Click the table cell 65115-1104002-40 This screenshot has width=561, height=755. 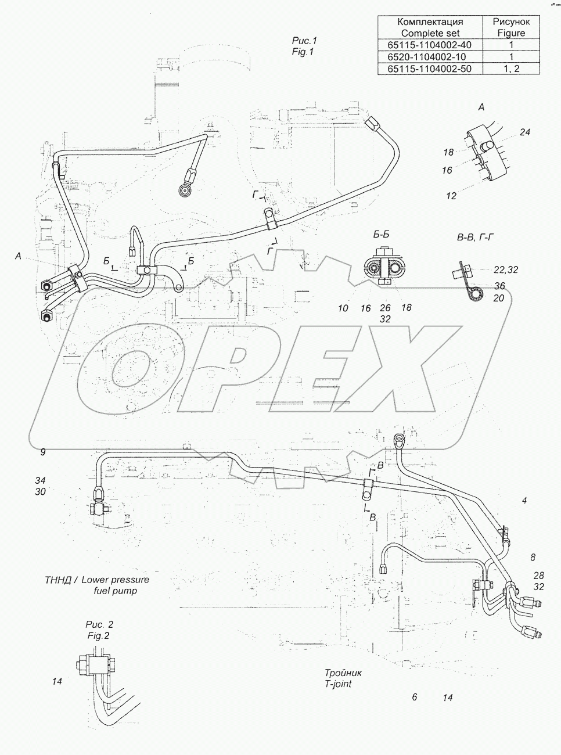(x=430, y=45)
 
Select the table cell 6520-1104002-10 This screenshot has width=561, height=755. (x=430, y=56)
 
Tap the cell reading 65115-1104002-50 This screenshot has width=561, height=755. (x=430, y=69)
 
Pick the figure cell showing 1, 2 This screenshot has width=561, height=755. (x=511, y=69)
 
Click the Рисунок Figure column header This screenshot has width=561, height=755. (x=511, y=27)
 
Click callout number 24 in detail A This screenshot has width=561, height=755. (x=524, y=132)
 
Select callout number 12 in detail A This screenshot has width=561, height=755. (x=451, y=196)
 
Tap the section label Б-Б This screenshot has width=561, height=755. (x=381, y=235)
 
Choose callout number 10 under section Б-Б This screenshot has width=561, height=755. (x=343, y=308)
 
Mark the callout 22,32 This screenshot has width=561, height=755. (x=505, y=269)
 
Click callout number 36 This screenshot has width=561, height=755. (x=499, y=286)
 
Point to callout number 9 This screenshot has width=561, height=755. (x=42, y=452)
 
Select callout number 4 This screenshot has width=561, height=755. (x=524, y=500)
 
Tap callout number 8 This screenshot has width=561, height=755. (x=533, y=558)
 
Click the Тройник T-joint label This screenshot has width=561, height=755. (x=343, y=678)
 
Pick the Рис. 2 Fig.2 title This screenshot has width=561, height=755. (x=99, y=630)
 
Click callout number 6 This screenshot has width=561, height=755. (x=414, y=698)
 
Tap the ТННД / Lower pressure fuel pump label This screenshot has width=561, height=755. (x=97, y=585)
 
